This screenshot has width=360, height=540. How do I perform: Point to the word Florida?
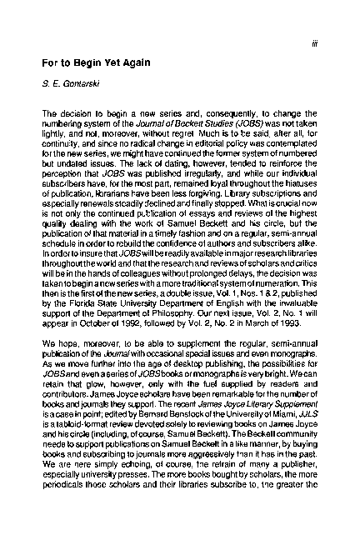pyautogui.click(x=77, y=305)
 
